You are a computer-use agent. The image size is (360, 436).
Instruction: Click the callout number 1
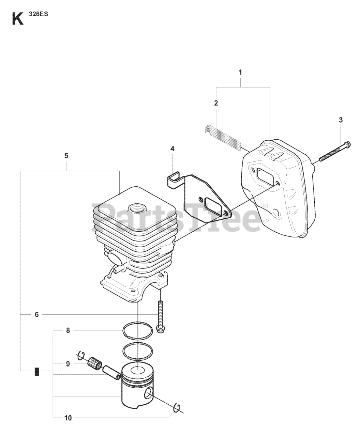(240, 72)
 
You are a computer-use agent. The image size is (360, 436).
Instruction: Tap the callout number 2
(216, 103)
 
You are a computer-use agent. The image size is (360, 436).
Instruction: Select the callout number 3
(341, 120)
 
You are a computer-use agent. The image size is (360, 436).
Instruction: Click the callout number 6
(37, 314)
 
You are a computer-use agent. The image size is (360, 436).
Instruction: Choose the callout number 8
(68, 330)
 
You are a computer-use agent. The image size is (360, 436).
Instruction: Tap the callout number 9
(68, 364)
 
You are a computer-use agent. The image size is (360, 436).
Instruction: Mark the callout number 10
(68, 418)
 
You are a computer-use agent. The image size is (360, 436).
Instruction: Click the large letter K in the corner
(18, 19)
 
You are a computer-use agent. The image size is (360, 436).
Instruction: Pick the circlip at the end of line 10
(178, 407)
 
